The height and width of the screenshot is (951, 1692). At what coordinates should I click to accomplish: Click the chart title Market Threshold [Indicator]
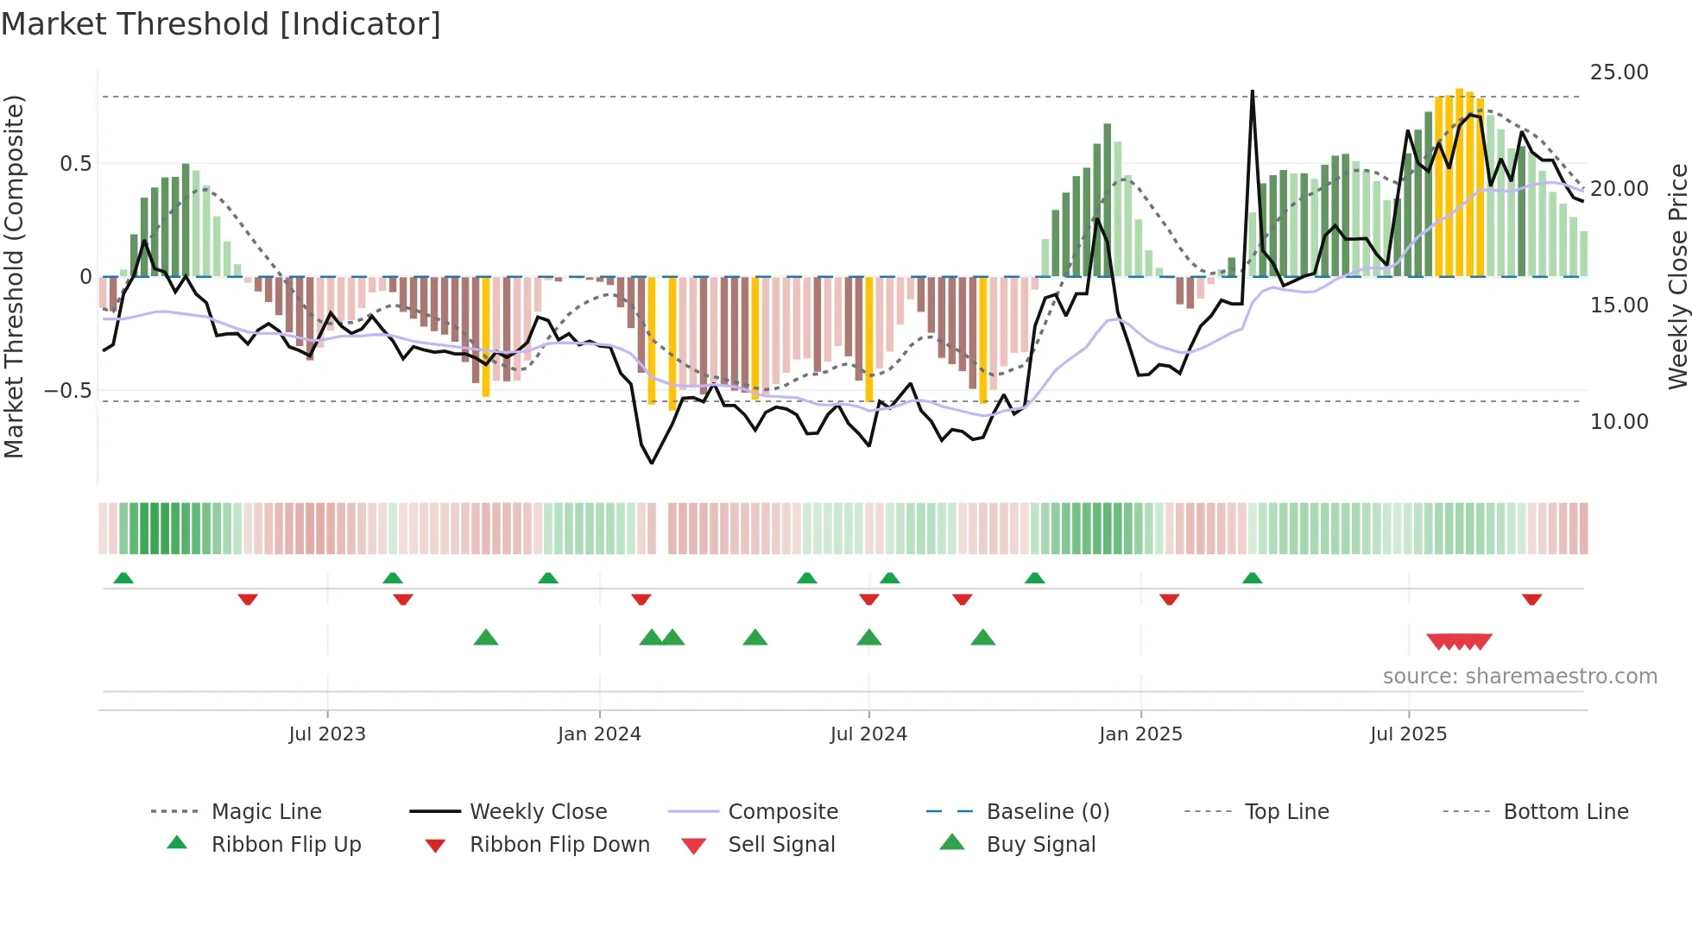tap(221, 24)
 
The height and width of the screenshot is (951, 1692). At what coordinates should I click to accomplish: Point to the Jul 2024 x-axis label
tap(868, 734)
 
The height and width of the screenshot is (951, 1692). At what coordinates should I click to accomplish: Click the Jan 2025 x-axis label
tap(1140, 734)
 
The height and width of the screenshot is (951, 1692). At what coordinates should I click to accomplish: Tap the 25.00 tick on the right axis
tap(1619, 72)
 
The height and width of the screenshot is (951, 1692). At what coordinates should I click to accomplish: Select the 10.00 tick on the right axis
tap(1619, 422)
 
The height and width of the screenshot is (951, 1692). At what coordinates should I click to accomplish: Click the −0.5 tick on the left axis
tap(67, 391)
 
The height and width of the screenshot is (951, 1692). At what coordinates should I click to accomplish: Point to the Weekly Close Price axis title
tap(1677, 276)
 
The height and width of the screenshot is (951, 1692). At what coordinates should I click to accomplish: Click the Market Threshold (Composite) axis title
tap(14, 276)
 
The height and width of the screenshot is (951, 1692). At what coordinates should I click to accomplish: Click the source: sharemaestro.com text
tap(1519, 677)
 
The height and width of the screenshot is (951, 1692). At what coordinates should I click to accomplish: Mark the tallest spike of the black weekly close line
tap(1252, 93)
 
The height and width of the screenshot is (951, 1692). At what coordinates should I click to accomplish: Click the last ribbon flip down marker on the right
tap(1532, 599)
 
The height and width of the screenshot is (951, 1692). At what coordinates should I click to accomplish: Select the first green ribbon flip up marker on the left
tap(123, 578)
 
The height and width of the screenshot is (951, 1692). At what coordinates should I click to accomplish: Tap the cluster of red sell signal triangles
tap(1459, 641)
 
